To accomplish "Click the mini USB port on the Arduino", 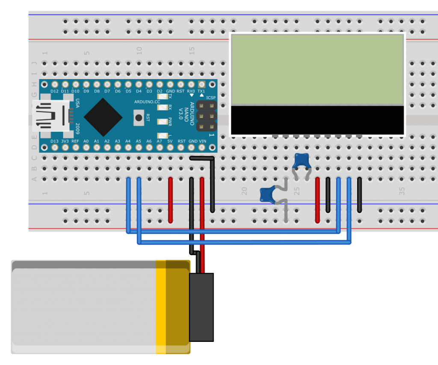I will point(50,116).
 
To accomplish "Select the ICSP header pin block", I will point(206,116).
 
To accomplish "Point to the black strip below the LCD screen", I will point(317,120).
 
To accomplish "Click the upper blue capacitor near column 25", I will point(302,160).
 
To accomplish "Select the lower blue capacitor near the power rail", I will point(269,194).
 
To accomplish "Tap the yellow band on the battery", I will point(161,307).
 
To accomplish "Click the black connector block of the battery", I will point(201,307).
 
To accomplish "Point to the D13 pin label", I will point(54,141).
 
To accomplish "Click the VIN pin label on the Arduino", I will point(202,141).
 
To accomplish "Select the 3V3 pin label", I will point(65,141).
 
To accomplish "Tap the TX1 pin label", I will point(201,91).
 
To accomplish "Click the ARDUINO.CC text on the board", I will point(148,102).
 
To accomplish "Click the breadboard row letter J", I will point(35,63).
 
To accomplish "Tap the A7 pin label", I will point(160,141).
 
